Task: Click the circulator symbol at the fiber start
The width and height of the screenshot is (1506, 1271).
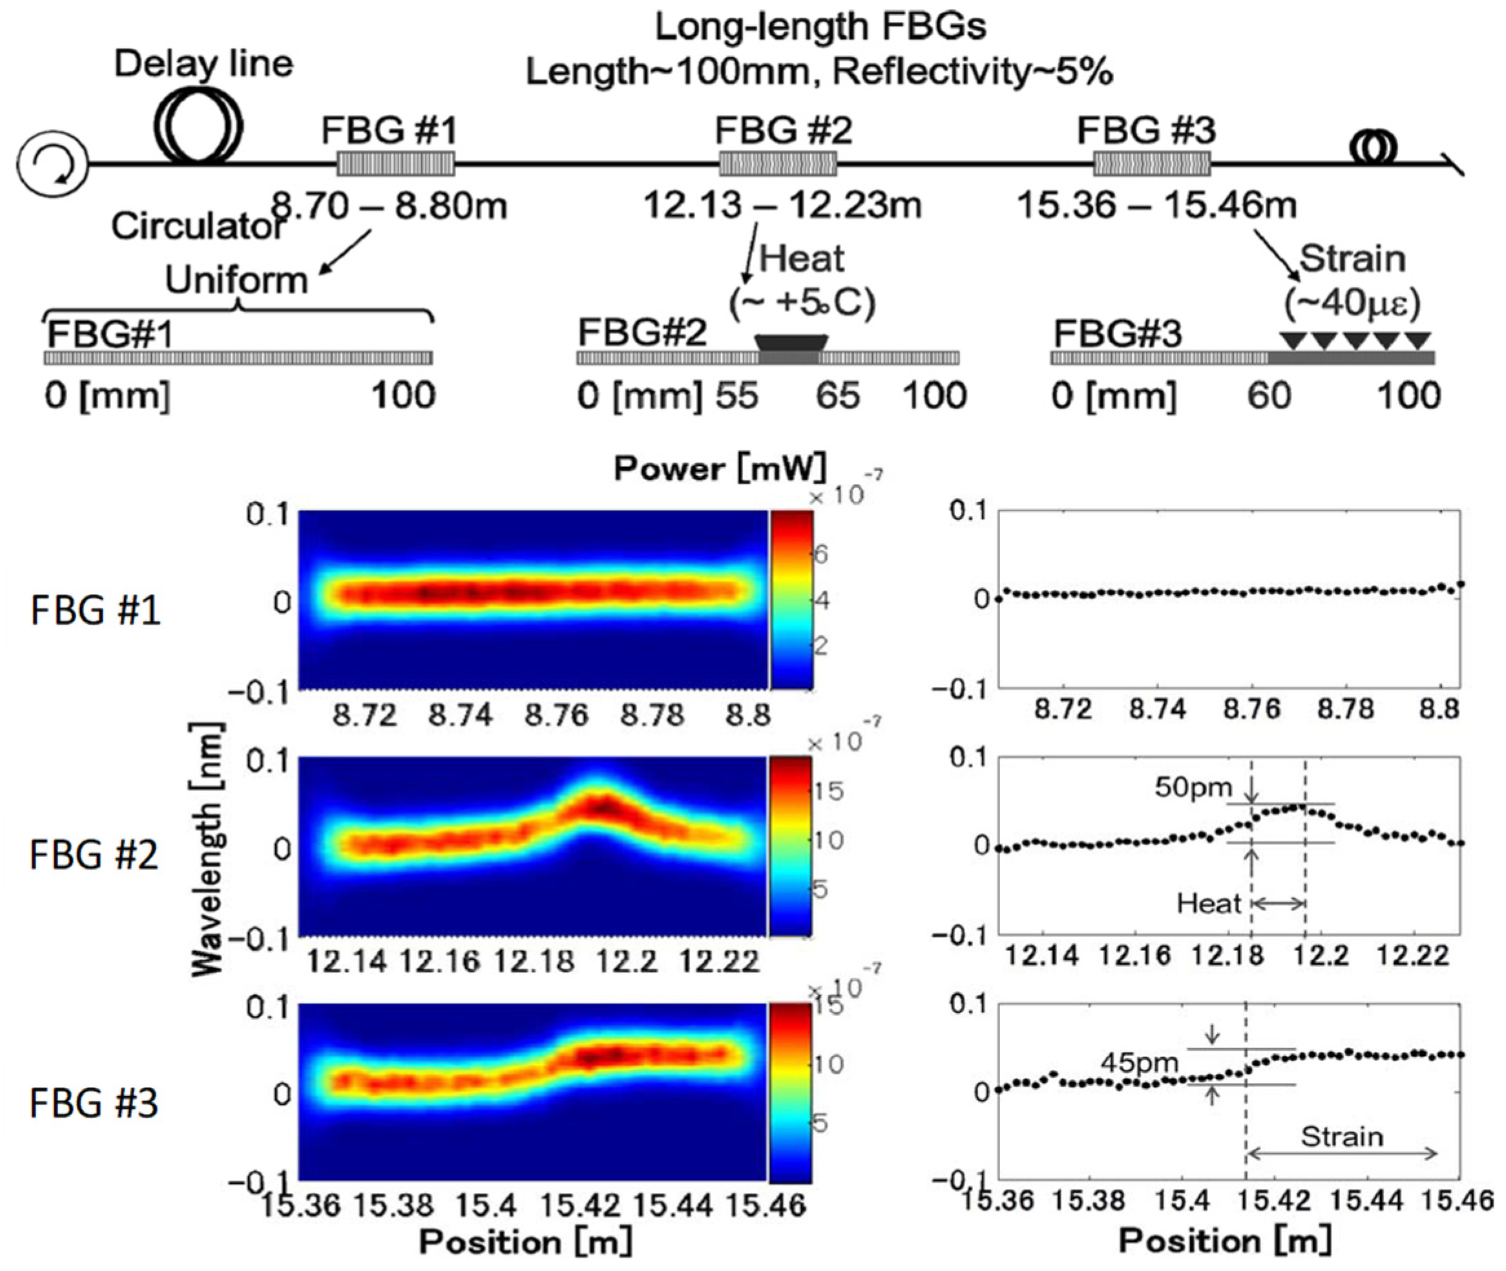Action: tap(52, 164)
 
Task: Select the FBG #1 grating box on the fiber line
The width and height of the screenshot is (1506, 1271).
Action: tap(395, 164)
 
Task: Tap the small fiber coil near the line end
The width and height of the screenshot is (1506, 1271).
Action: tap(1373, 149)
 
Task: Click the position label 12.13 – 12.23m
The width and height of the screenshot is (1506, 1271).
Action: tap(782, 205)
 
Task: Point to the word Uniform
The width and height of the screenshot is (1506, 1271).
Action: tap(236, 280)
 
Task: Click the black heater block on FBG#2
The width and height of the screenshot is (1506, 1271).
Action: tap(790, 343)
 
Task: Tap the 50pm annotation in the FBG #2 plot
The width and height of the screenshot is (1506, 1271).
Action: tap(1193, 788)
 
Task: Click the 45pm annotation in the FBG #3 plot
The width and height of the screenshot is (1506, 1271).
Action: tap(1138, 1062)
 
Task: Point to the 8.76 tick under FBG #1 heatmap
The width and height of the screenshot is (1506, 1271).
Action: tap(556, 715)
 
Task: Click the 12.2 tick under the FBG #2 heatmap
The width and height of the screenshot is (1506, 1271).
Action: tap(625, 961)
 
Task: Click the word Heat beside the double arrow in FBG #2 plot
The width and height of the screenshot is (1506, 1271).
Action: tap(1209, 903)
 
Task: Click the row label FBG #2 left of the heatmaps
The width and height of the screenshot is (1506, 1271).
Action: tap(94, 856)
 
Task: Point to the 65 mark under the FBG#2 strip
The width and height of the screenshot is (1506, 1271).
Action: tap(837, 395)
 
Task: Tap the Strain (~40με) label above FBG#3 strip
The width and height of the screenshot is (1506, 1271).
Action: tap(1352, 281)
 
